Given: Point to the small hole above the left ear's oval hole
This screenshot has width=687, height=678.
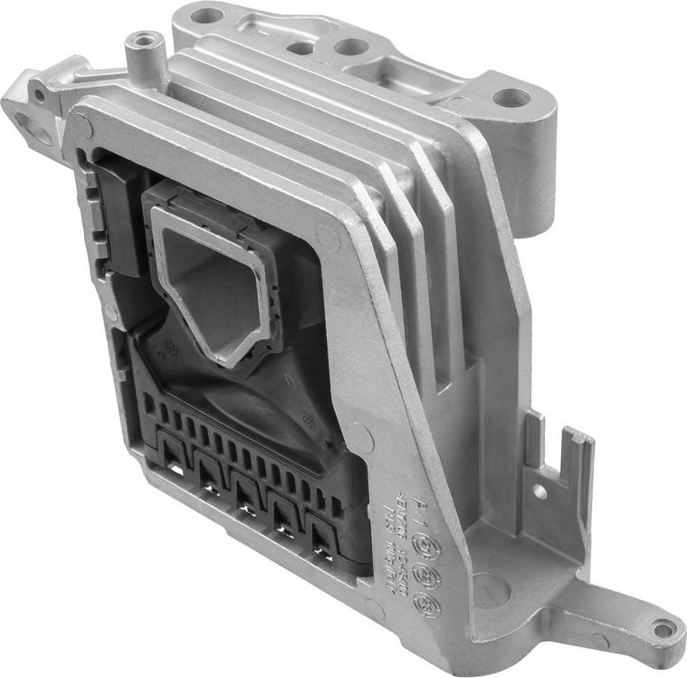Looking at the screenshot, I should click(x=39, y=93).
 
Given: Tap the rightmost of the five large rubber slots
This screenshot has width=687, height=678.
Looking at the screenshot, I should click(x=320, y=535).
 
